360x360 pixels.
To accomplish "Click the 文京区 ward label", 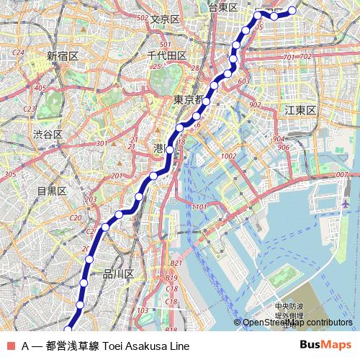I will tap(165, 19).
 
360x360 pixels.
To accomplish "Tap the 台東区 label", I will tap(222, 6).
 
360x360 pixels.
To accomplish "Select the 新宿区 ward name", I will tap(62, 55).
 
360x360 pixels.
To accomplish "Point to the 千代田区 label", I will tap(166, 55).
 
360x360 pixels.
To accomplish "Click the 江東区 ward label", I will tap(300, 110).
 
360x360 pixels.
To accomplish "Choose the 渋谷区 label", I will tap(48, 135).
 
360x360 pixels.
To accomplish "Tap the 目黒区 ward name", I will tap(52, 191).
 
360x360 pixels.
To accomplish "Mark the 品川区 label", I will tap(119, 274).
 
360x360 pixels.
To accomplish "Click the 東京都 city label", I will tap(190, 100).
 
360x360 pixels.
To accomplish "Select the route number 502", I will tap(142, 17).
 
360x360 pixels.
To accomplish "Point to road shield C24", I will tap(19, 53).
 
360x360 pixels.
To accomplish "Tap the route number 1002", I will tap(230, 156).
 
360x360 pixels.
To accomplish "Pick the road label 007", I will tap(341, 174).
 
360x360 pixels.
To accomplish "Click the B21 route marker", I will tap(176, 264).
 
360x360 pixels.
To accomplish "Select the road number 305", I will tap(10, 174).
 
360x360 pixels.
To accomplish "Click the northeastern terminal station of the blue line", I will tap(292, 10).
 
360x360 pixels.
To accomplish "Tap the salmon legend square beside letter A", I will tap(11, 346).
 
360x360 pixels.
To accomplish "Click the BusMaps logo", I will tap(326, 345).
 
